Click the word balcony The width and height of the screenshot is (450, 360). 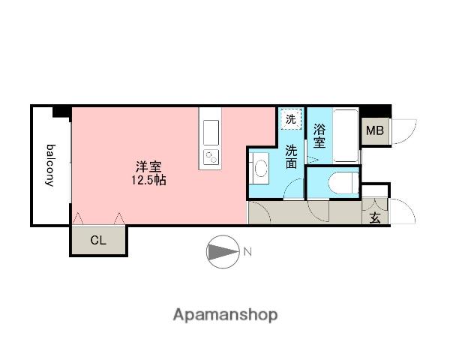[51, 165]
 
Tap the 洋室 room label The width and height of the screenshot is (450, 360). [148, 166]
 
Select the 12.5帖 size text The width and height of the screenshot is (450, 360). [148, 180]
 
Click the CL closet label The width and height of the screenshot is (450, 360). [98, 240]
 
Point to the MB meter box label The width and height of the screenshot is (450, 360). [375, 131]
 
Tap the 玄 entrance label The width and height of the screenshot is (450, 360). [375, 218]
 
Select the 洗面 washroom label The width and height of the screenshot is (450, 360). [291, 157]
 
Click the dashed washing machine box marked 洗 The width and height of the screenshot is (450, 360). [291, 119]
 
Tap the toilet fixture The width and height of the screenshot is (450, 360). [343, 182]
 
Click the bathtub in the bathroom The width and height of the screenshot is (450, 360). [346, 136]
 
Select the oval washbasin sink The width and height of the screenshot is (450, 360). [261, 168]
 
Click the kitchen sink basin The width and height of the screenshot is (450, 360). [211, 132]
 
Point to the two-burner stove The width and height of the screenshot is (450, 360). [211, 157]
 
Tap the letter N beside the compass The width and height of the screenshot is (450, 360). [247, 252]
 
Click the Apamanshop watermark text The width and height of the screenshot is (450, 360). [225, 315]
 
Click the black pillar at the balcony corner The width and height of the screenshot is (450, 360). [62, 112]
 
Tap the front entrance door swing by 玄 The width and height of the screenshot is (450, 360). [403, 211]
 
